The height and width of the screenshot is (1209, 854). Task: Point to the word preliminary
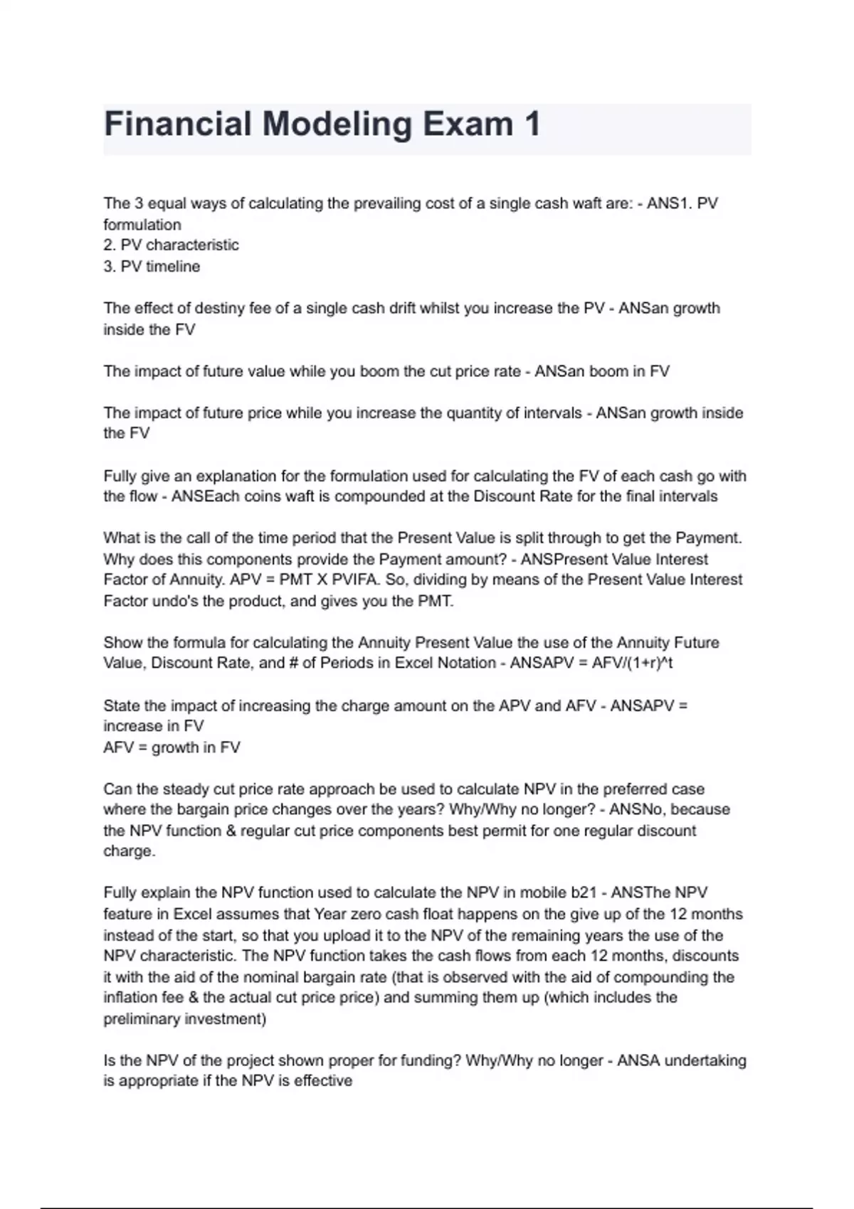(142, 1019)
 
